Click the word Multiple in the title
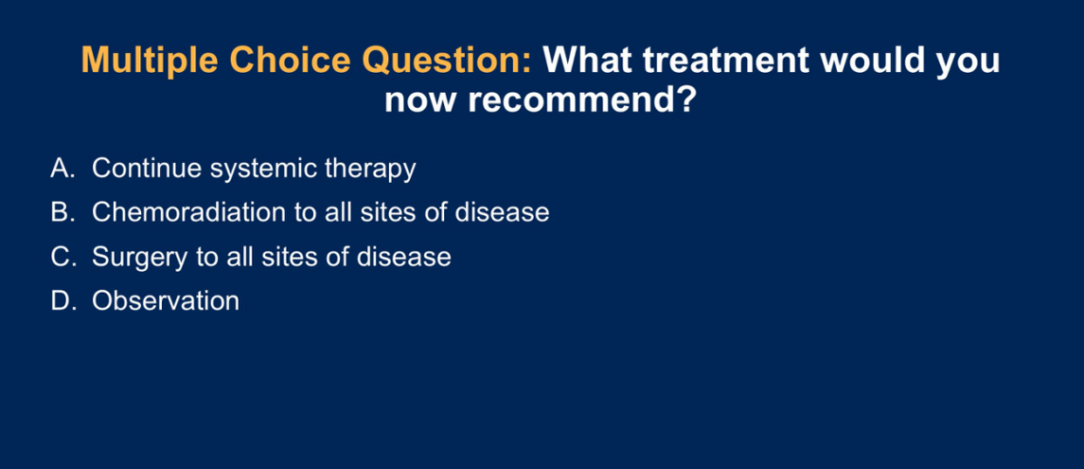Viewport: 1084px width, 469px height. (x=150, y=61)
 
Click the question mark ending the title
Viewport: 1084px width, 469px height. (x=683, y=101)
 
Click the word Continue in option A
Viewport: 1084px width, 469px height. (x=147, y=169)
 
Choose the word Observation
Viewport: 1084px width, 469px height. (x=166, y=301)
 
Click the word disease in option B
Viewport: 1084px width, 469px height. (x=502, y=212)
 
